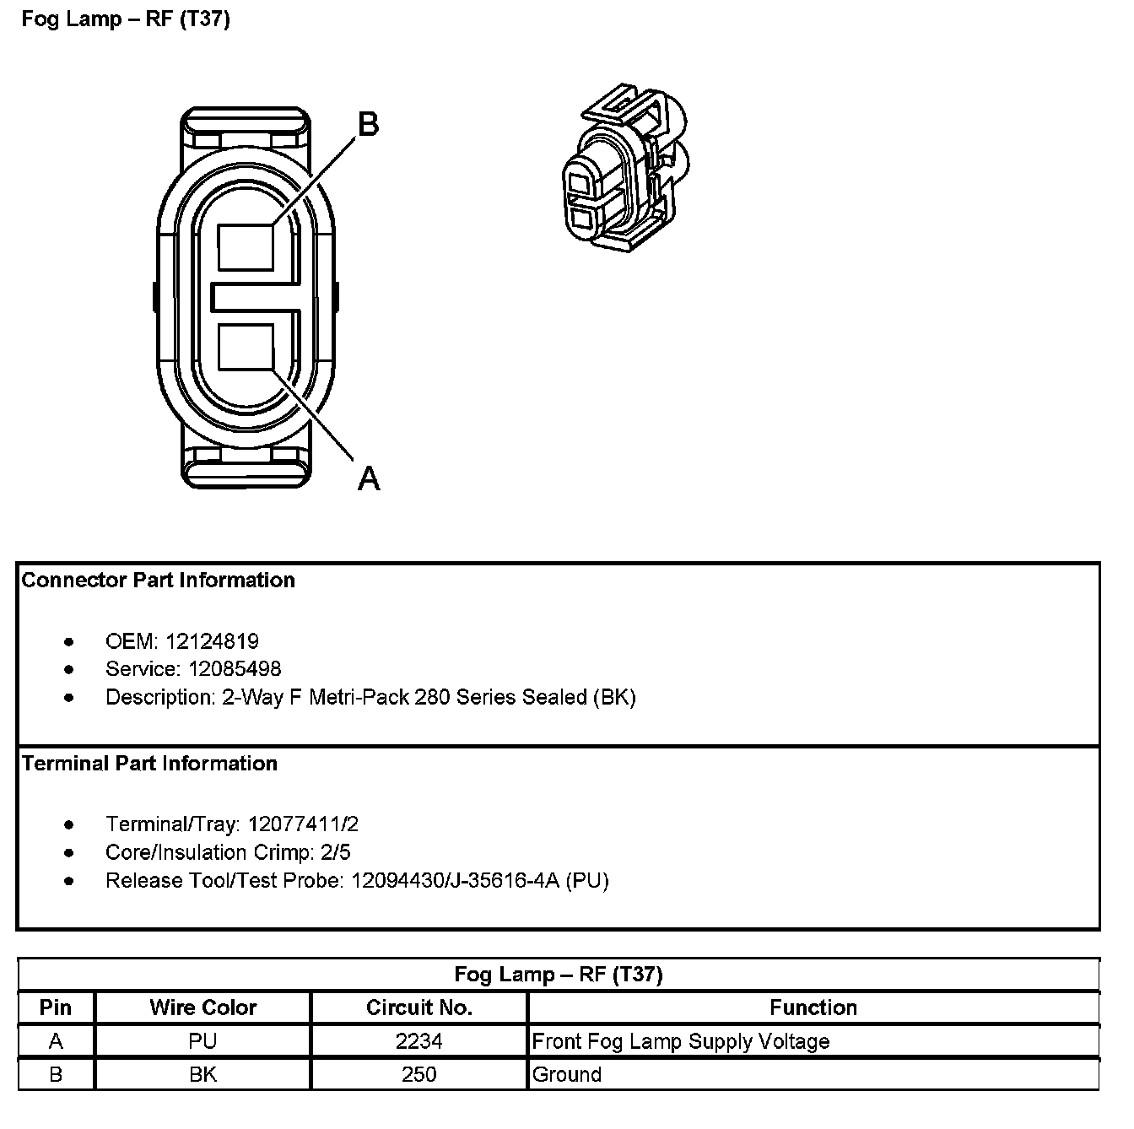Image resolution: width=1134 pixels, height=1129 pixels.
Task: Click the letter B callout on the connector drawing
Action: pos(369,125)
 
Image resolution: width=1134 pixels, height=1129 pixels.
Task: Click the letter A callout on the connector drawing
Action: pos(369,478)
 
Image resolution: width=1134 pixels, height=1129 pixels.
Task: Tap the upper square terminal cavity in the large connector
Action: pos(246,248)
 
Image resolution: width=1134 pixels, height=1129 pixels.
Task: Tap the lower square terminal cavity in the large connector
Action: pos(246,348)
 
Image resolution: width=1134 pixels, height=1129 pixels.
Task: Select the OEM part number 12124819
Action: pos(212,641)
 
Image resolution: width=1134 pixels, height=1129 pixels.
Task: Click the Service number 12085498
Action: pos(235,669)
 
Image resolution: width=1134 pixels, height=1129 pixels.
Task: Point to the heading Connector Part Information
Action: pos(159,581)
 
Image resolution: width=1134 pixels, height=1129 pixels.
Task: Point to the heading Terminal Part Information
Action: pos(150,764)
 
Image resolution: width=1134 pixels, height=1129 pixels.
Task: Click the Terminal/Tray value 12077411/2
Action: pos(303,824)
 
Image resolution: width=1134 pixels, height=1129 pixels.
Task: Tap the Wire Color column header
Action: pos(202,1007)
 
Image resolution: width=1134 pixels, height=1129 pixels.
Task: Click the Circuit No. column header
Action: pos(419,1007)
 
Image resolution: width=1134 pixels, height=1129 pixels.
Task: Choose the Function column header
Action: pos(813,1007)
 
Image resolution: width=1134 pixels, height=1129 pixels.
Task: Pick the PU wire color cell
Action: pos(202,1041)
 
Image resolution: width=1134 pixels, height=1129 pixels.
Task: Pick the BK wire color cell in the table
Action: pos(202,1075)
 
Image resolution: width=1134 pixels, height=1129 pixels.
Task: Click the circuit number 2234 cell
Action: pos(419,1041)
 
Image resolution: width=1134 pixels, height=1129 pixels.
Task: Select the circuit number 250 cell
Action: pos(419,1075)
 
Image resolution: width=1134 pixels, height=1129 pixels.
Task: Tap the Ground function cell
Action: pos(567,1075)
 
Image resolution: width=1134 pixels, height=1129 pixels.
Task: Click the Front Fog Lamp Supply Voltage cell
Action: pos(681,1041)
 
